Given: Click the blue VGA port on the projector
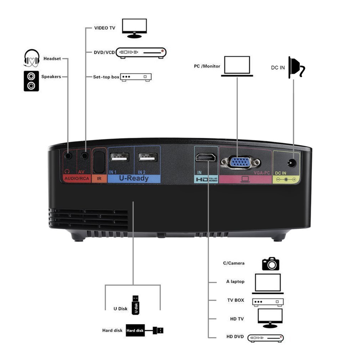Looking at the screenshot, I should pyautogui.click(x=240, y=163).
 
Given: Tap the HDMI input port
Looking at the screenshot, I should pyautogui.click(x=206, y=157).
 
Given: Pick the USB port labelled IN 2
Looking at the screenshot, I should pyautogui.click(x=147, y=158).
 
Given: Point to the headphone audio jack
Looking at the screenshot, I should pyautogui.click(x=68, y=156).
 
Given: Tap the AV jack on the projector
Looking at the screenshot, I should pyautogui.click(x=85, y=155).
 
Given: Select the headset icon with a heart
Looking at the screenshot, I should pyautogui.click(x=31, y=58).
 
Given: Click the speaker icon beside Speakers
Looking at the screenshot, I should pyautogui.click(x=31, y=81).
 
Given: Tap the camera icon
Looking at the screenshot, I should pyautogui.click(x=271, y=263).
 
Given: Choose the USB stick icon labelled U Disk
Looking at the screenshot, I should pyautogui.click(x=135, y=305).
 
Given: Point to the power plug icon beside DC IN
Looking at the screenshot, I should pyautogui.click(x=296, y=67).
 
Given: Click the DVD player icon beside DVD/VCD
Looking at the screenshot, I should pyautogui.click(x=142, y=52).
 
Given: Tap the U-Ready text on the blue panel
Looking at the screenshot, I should pyautogui.click(x=134, y=178).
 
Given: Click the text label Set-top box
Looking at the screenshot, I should pyautogui.click(x=106, y=77).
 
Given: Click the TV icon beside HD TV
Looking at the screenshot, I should pyautogui.click(x=270, y=318).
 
